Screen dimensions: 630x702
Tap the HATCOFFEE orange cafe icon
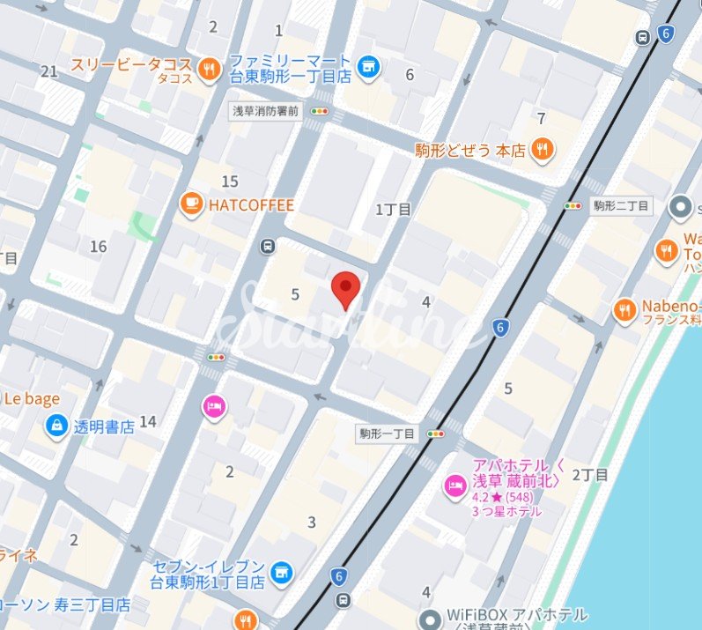(189, 204)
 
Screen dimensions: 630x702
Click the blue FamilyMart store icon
(369, 66)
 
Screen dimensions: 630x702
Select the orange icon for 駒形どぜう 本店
(543, 149)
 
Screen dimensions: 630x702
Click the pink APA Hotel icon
(454, 485)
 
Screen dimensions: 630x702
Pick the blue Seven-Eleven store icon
(282, 574)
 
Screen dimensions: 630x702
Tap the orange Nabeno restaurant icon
(624, 309)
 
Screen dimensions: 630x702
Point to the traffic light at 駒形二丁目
(574, 206)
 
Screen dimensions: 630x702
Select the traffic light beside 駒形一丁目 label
(435, 434)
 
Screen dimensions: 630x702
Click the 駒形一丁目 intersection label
(387, 434)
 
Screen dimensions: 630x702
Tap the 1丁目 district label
(394, 210)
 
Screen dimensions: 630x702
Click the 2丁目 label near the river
(590, 475)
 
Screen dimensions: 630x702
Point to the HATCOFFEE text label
(251, 204)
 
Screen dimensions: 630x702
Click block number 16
(98, 247)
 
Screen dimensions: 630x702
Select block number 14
(147, 422)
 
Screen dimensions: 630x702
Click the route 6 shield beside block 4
(501, 329)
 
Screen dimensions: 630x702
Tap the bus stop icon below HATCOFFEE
(267, 248)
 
